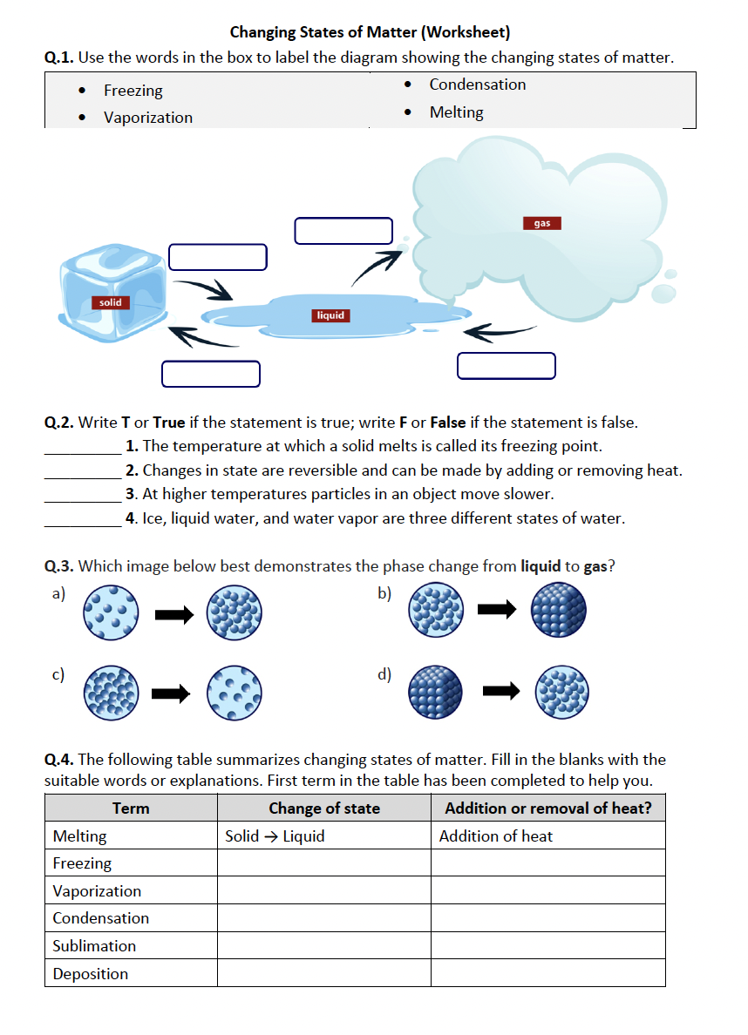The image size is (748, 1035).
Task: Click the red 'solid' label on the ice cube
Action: tap(111, 302)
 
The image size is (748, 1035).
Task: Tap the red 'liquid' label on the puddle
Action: tap(330, 315)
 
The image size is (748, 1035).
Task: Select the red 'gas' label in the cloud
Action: tap(542, 223)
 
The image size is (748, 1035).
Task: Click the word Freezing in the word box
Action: tap(133, 91)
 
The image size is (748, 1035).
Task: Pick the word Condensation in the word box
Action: tap(477, 85)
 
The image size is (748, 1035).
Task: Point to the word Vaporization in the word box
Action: tap(147, 118)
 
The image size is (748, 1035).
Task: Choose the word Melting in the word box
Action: tap(456, 112)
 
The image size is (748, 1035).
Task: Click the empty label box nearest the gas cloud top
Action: tap(343, 231)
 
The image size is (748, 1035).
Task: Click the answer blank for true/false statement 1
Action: tap(83, 447)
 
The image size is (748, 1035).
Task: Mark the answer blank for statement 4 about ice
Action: tap(83, 519)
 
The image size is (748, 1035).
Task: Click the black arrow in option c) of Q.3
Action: tap(171, 693)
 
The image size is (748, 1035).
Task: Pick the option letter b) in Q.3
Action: tap(384, 593)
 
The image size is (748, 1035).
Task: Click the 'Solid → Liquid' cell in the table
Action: tap(275, 836)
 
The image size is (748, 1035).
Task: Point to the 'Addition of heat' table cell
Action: tap(495, 836)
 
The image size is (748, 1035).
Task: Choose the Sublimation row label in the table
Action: tap(94, 946)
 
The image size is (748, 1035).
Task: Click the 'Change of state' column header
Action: tap(323, 808)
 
